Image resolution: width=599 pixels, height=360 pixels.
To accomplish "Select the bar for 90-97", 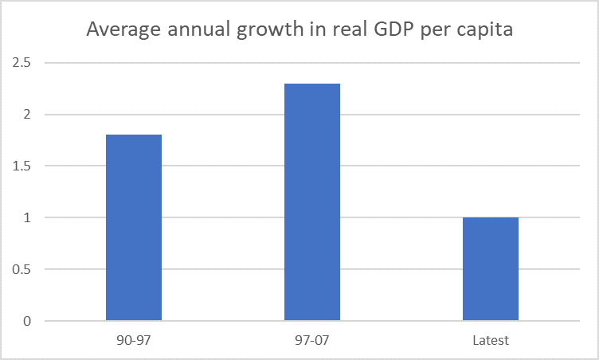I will [x=134, y=228].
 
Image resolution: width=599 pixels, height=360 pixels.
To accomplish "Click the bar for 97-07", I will [x=312, y=202].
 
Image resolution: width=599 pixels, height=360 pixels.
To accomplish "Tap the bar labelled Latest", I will [x=491, y=269].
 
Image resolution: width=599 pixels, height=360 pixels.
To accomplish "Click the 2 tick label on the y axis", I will [x=27, y=115].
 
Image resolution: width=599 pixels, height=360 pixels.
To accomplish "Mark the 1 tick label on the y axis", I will [x=27, y=218].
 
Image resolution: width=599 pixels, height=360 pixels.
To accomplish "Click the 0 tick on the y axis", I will [x=27, y=321].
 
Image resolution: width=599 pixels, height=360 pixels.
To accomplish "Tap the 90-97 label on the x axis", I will [x=134, y=340].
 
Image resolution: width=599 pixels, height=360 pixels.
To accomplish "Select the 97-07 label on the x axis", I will [x=312, y=340].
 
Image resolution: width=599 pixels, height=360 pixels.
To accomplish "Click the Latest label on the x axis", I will [x=491, y=340].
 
